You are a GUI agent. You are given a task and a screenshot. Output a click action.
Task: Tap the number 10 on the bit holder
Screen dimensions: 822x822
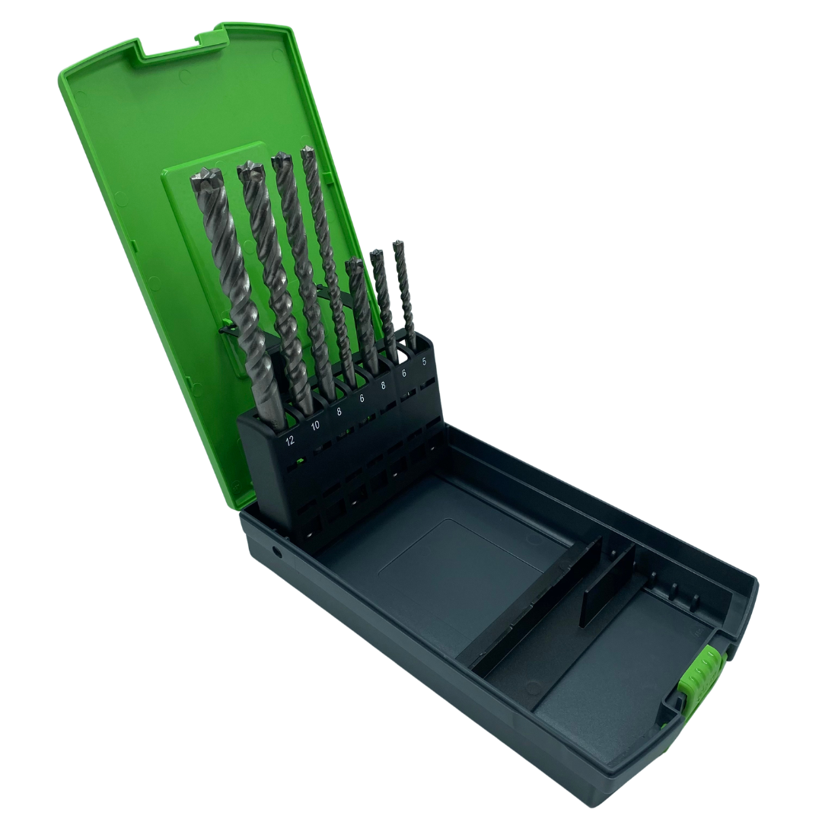point(315,425)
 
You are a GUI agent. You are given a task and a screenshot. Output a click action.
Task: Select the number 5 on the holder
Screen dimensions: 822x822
point(424,362)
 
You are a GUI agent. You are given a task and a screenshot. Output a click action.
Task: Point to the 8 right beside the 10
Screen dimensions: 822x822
point(339,412)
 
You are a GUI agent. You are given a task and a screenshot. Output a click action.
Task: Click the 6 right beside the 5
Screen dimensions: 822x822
point(404,373)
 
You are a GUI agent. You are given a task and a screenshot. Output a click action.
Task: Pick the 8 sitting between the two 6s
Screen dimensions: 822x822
point(383,386)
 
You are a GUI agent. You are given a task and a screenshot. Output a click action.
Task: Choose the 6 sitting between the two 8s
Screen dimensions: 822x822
point(362,398)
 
